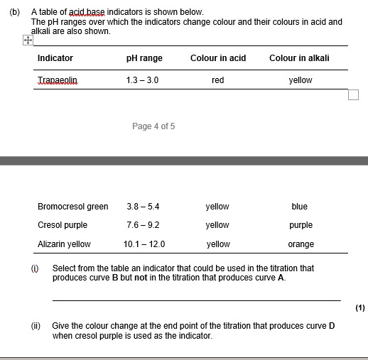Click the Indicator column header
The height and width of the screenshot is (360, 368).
pos(55,58)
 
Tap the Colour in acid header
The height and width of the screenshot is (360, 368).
pos(218,58)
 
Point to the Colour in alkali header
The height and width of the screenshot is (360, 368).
pos(299,58)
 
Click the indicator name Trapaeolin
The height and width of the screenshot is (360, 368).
pos(58,80)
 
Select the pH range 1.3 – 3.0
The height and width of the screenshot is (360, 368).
pos(141,80)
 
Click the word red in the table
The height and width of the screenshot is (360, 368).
pos(217,80)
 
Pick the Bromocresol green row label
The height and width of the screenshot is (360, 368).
pos(72,207)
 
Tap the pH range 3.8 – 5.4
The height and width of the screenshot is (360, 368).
pos(143,207)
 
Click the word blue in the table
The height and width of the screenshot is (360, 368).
pos(299,207)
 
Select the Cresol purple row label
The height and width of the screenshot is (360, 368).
pos(63,225)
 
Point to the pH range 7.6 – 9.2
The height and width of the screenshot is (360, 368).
pos(143,225)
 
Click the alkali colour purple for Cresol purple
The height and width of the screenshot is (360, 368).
pos(301,225)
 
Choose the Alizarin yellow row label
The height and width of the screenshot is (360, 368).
pos(64,244)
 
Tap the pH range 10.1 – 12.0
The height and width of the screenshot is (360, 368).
pos(144,244)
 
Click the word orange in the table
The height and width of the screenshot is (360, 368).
pos(301,244)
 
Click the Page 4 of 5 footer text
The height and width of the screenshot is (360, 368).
pos(153,126)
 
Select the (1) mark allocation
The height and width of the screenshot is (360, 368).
pos(360,308)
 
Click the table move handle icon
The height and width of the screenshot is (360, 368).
pos(26,40)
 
